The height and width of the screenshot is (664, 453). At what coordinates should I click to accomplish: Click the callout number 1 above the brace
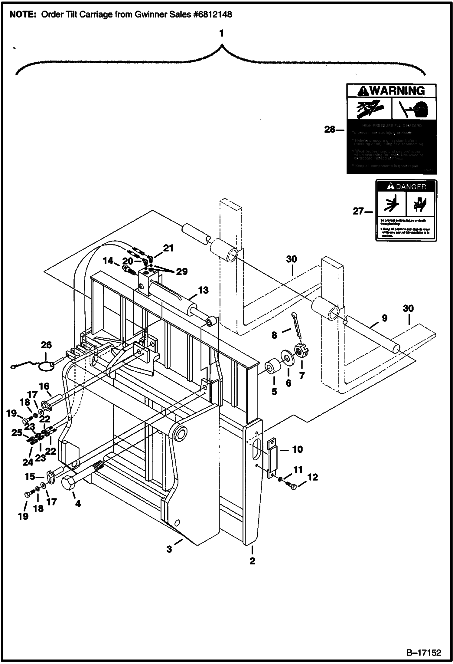click(x=221, y=33)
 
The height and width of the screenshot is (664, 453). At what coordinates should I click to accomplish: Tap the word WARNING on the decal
click(x=397, y=91)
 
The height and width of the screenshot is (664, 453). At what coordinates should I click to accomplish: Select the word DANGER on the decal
click(x=411, y=187)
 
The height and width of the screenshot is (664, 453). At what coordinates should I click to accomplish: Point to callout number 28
click(x=330, y=130)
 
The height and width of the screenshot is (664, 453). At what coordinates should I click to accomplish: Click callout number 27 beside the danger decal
click(x=359, y=211)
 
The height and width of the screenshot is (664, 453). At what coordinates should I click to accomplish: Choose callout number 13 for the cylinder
click(x=203, y=290)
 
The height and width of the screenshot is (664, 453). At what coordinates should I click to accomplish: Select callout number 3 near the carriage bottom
click(x=169, y=549)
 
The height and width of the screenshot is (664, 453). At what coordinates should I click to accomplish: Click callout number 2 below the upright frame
click(x=252, y=561)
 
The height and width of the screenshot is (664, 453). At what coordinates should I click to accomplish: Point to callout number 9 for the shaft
click(x=384, y=318)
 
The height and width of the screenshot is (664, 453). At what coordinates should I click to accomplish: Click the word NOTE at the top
click(x=22, y=15)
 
